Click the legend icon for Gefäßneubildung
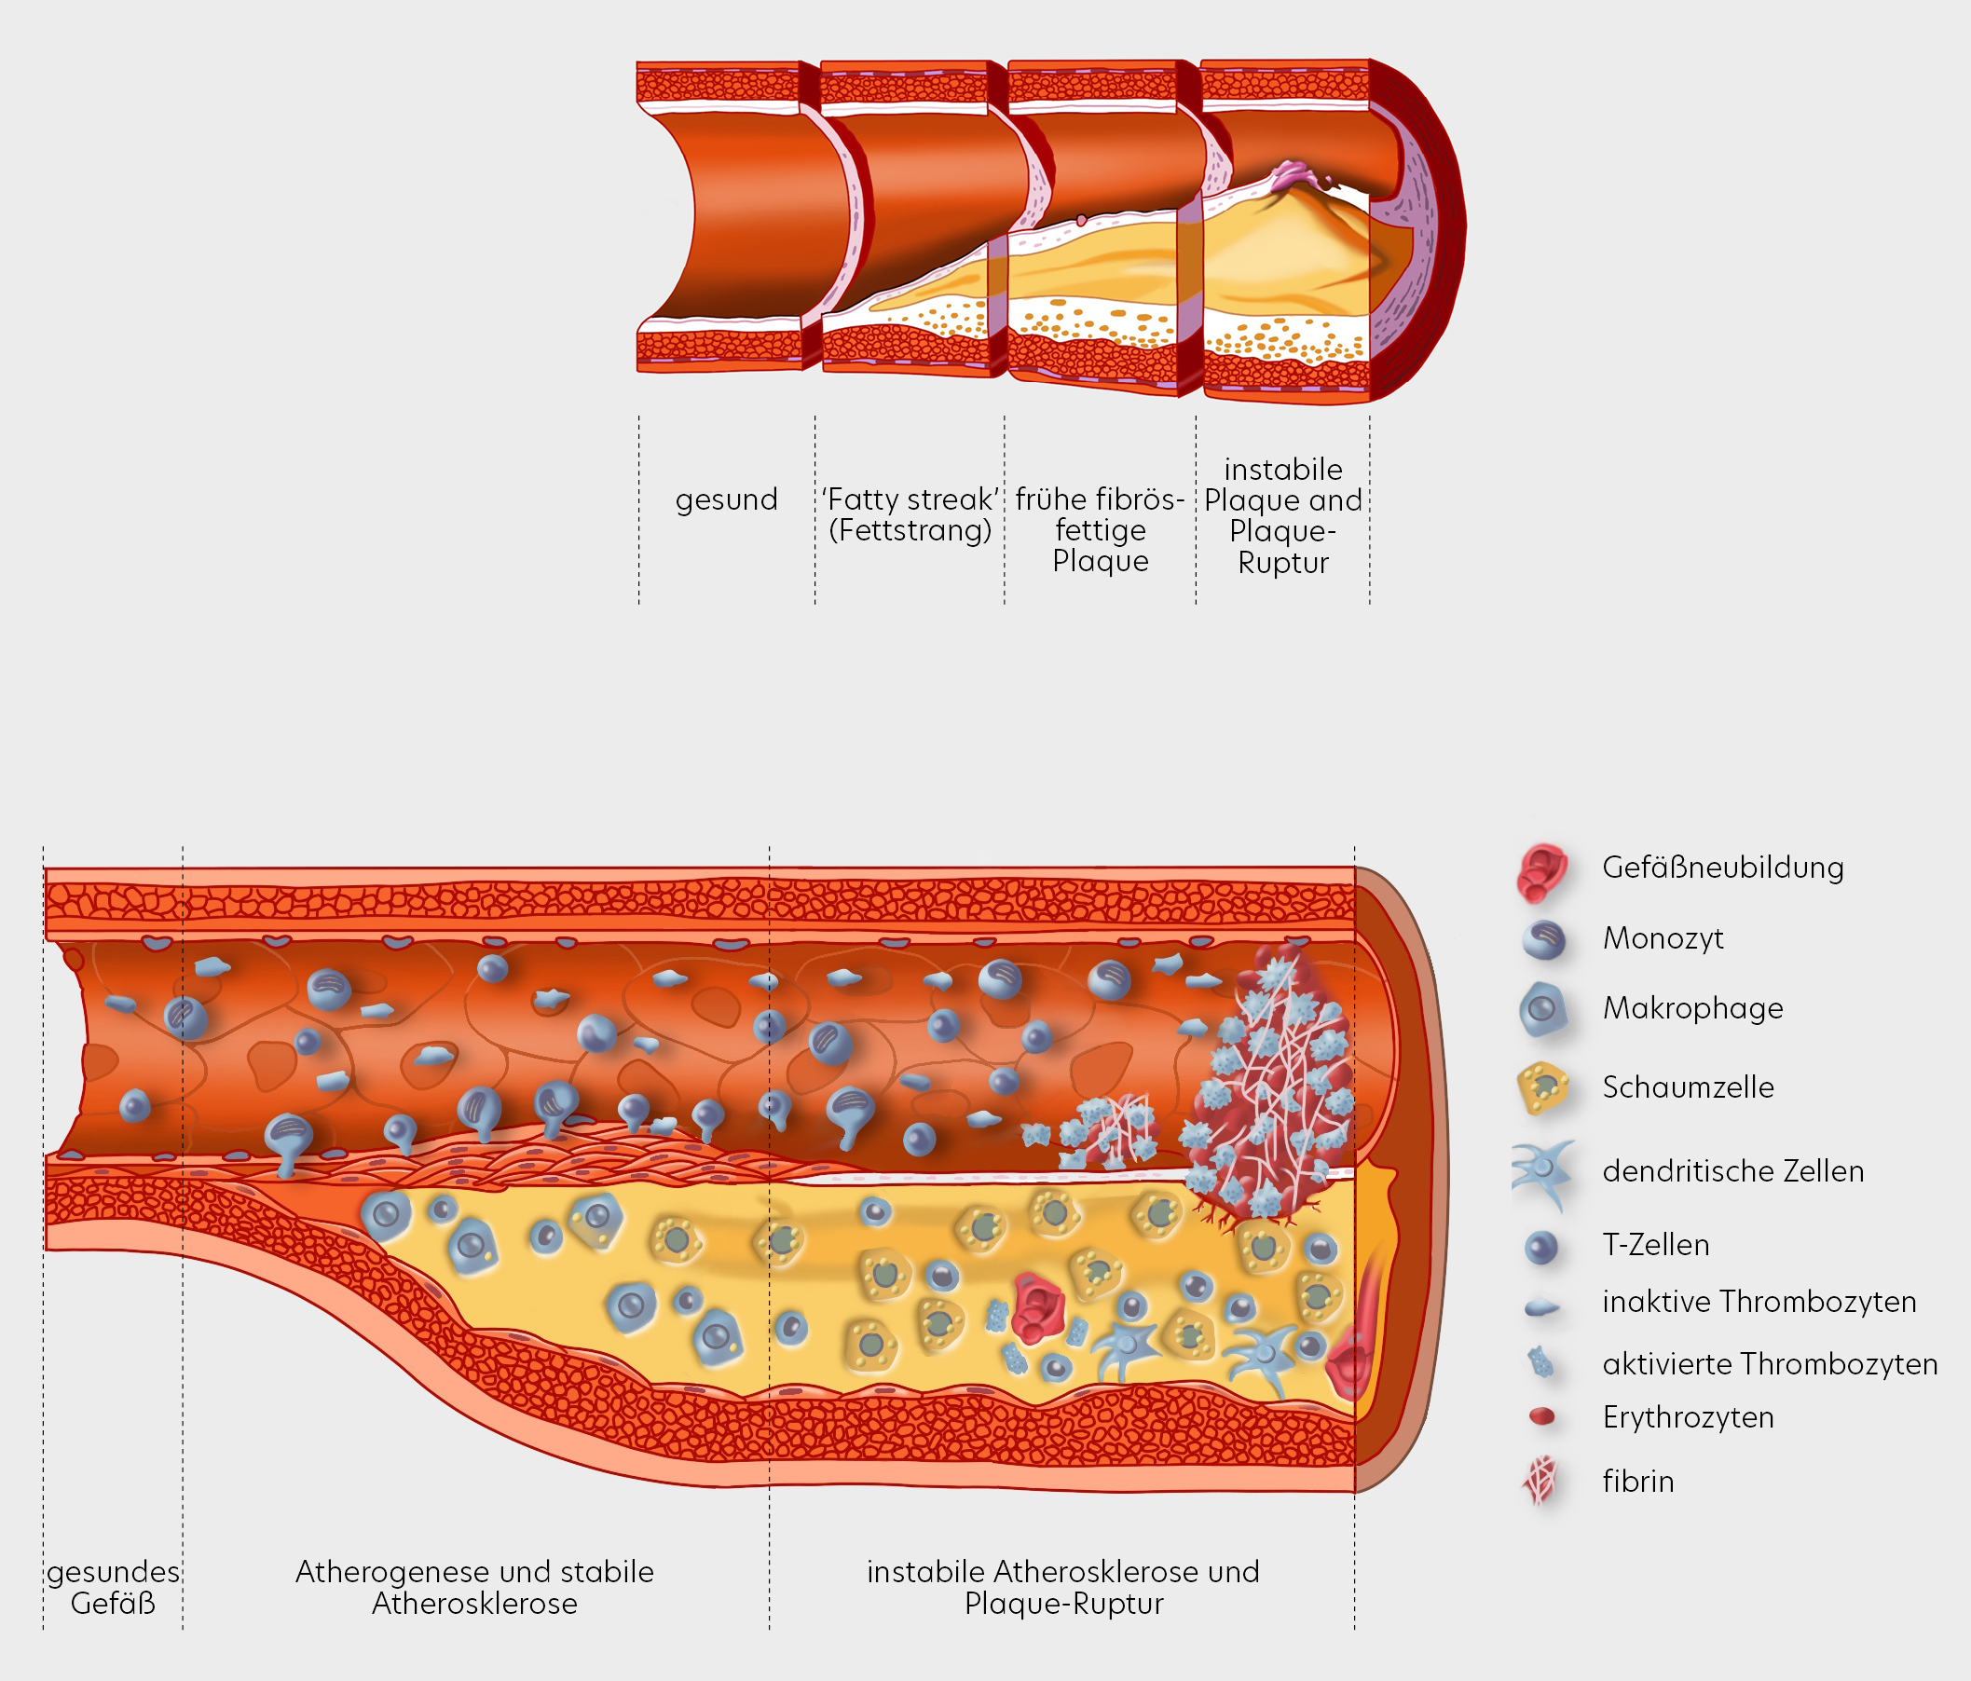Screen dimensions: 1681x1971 tap(1542, 870)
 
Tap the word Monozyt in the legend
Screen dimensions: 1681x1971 tap(1663, 939)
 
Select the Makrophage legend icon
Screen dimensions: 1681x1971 tap(1542, 1009)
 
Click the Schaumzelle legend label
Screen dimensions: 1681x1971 tap(1688, 1087)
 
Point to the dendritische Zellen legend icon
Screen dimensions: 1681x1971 tap(1542, 1173)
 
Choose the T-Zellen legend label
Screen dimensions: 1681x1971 tap(1655, 1245)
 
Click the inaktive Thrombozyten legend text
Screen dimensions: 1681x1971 tap(1759, 1302)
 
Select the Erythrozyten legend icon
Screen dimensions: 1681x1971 tap(1541, 1417)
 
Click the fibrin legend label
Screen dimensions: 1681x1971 tap(1637, 1482)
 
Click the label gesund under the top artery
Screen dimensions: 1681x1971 tap(726, 499)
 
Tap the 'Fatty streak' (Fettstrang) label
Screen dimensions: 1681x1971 tap(910, 514)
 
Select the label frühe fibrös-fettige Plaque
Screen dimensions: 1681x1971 tap(1100, 530)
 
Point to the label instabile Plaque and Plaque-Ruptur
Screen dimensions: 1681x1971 tap(1282, 515)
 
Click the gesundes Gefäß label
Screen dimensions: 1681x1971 tap(112, 1587)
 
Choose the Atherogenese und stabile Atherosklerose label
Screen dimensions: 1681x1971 tap(474, 1587)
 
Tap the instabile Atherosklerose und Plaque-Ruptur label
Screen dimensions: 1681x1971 tap(1062, 1587)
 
